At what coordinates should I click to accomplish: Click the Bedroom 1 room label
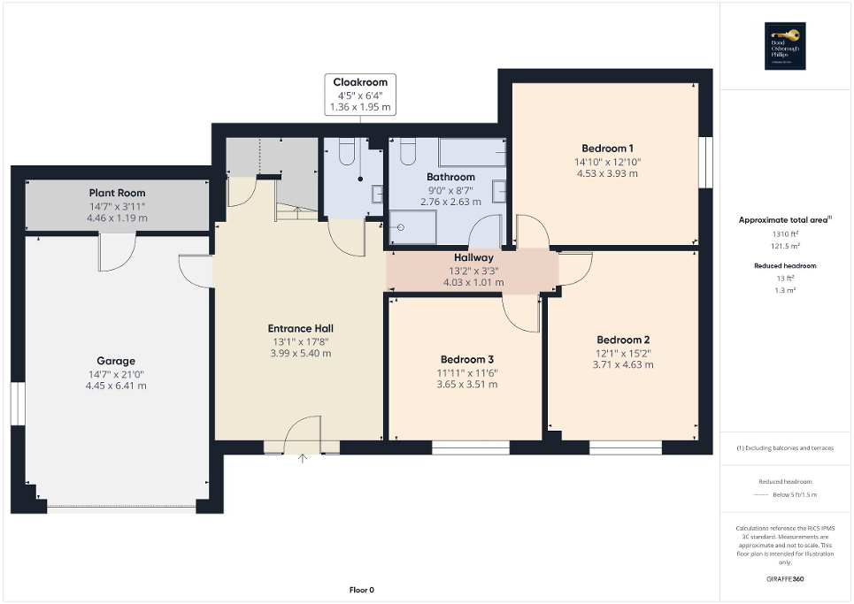pos(607,149)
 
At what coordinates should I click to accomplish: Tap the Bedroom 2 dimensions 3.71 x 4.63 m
pos(623,364)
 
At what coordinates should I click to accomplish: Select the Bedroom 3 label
pos(466,359)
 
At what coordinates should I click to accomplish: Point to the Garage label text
pos(116,361)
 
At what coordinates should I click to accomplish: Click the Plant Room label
pos(116,193)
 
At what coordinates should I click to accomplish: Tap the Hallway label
pos(473,257)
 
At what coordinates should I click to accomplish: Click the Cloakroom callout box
pos(360,95)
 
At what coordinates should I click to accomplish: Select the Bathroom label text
pos(450,176)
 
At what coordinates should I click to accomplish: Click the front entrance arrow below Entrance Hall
pos(304,458)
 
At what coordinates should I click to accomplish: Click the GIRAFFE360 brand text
pos(785,579)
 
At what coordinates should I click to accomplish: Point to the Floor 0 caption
pos(361,590)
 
